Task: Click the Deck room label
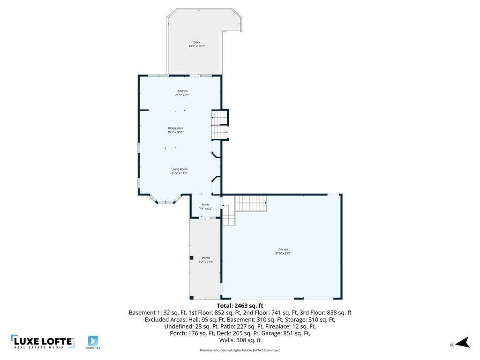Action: (x=197, y=42)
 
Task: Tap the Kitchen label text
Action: (x=182, y=91)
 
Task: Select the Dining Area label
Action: (x=175, y=128)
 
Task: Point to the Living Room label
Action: (x=179, y=169)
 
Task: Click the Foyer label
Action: (x=205, y=205)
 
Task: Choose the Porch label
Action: (x=206, y=258)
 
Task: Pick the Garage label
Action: (x=283, y=249)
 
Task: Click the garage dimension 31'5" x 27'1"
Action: (x=283, y=254)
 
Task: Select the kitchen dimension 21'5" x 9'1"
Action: (x=182, y=95)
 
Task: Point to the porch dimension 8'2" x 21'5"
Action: (x=206, y=262)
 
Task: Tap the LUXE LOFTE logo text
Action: (x=43, y=341)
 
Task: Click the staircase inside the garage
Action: (x=250, y=203)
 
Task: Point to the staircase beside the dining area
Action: (x=219, y=125)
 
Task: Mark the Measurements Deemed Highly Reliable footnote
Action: (x=240, y=350)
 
